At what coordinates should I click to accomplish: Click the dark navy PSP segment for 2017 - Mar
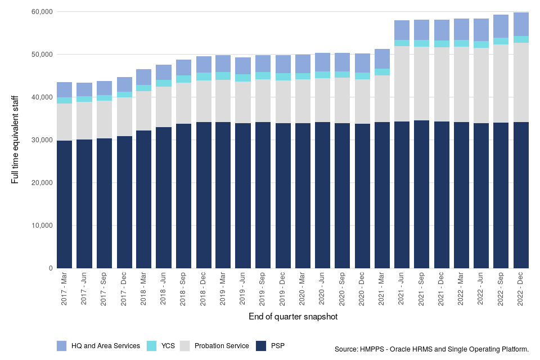64,204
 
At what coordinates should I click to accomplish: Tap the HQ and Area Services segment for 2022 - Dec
521,24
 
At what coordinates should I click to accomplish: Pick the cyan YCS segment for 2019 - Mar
223,76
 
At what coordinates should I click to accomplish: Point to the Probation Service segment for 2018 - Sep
183,103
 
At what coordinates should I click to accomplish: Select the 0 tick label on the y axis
49,268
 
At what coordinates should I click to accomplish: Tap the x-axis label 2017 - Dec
124,289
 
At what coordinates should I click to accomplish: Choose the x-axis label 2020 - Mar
303,289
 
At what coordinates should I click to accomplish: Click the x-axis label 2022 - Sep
501,289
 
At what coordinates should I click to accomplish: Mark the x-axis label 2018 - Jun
164,289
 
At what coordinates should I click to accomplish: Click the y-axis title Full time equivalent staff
15,140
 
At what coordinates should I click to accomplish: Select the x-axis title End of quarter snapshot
293,317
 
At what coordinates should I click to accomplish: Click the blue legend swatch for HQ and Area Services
62,345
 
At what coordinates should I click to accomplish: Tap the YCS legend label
167,345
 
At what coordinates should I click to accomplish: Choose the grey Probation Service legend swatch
186,345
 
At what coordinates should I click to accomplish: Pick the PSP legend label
278,345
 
